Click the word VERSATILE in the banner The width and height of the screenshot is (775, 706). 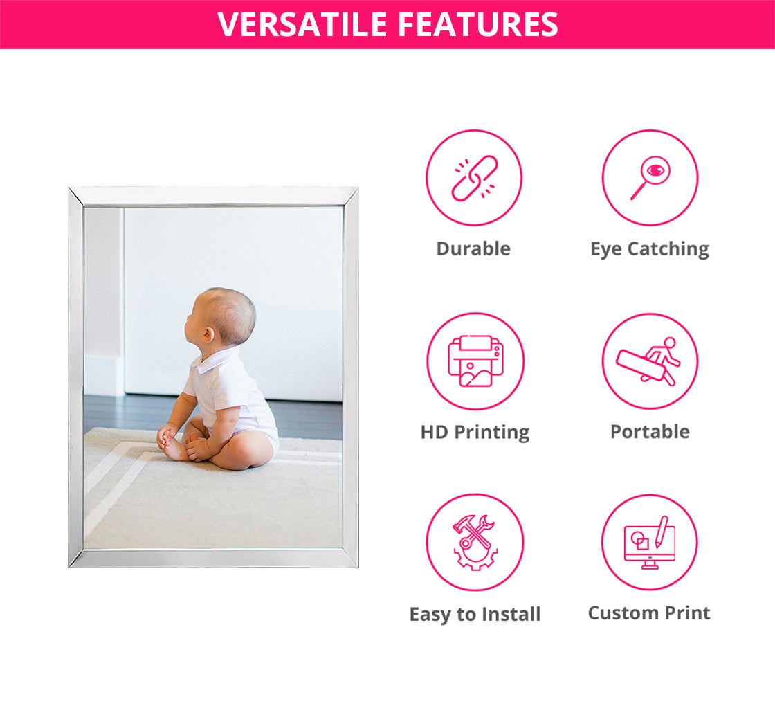click(302, 24)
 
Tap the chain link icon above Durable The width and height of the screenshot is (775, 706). click(474, 178)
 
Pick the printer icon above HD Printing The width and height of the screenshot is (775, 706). click(475, 361)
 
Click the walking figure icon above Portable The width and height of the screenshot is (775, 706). click(648, 361)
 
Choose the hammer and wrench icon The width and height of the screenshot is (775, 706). click(475, 543)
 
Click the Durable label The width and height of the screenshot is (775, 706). click(473, 248)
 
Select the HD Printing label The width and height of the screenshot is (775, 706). click(475, 433)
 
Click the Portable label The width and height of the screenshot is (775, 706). click(650, 432)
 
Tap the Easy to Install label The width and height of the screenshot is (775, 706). click(475, 615)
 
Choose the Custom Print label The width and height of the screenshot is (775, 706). click(649, 613)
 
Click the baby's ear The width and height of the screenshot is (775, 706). click(208, 334)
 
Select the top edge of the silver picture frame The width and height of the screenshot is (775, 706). click(213, 197)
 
